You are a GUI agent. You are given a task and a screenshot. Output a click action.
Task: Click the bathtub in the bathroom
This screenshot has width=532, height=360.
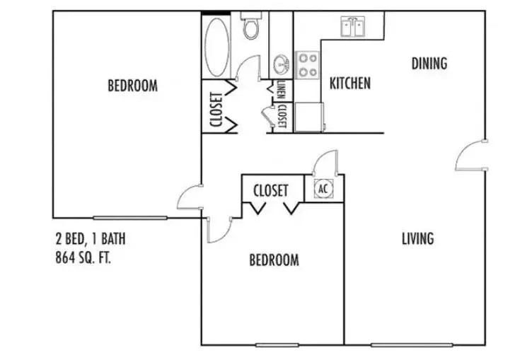[x=216, y=47]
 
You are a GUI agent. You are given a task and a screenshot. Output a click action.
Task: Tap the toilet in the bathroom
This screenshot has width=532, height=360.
[x=251, y=25]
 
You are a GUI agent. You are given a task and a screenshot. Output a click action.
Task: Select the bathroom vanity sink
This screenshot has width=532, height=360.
[x=281, y=64]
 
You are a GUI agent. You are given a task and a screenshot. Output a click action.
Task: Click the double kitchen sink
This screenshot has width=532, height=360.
[x=353, y=27]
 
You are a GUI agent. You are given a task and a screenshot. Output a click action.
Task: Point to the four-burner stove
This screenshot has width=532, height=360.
[x=308, y=65]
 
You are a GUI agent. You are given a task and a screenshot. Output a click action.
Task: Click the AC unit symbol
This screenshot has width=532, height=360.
[x=323, y=189]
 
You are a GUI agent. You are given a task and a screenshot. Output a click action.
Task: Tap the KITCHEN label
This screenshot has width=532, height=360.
[x=349, y=83]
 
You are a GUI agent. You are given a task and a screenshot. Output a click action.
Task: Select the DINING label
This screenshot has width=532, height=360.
[x=429, y=64]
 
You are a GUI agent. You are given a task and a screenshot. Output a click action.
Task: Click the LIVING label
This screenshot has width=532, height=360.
[x=417, y=238]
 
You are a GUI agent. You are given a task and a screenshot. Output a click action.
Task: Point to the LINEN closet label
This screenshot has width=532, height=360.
[x=282, y=89]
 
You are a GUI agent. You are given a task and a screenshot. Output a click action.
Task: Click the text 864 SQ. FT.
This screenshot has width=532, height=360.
[x=83, y=258]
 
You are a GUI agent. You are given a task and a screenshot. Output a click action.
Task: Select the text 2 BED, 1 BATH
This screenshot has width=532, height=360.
[x=91, y=238]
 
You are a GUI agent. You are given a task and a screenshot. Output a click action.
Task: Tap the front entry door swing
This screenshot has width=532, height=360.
[x=470, y=156]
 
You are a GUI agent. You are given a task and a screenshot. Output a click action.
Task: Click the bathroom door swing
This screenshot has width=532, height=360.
[x=248, y=68]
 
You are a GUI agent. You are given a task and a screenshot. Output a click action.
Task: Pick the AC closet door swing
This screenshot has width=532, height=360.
[x=325, y=163]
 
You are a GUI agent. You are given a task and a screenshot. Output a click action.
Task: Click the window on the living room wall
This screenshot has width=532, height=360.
[x=412, y=345]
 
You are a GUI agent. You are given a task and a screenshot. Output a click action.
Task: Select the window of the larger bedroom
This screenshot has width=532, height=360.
[x=130, y=218]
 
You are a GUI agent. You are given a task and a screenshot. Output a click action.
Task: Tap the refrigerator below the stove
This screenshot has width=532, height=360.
[x=308, y=117]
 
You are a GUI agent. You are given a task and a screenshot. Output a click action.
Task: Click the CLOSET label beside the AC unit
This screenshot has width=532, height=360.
[x=270, y=191]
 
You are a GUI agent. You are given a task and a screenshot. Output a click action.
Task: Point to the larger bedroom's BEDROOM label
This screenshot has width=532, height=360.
[x=133, y=86]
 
